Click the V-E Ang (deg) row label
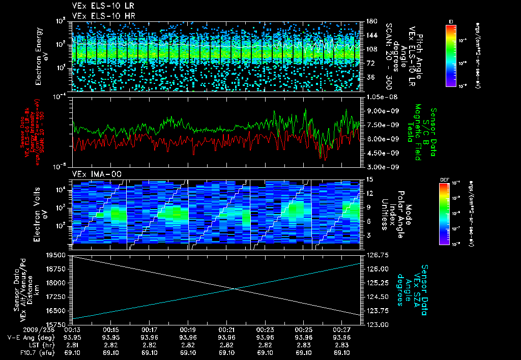[x=28, y=337]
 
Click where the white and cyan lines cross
[x=235, y=289]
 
